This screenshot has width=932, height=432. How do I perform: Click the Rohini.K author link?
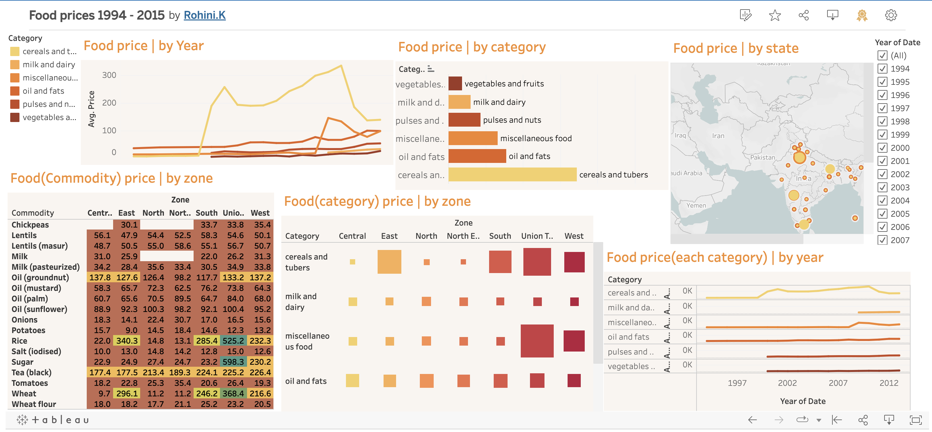click(x=204, y=15)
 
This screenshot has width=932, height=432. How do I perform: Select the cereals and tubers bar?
click(x=512, y=174)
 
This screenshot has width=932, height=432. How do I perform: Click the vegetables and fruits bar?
click(x=455, y=83)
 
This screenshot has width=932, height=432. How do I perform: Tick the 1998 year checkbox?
click(x=882, y=121)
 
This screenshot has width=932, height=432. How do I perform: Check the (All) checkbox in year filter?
click(x=882, y=55)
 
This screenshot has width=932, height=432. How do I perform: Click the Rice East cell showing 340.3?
click(x=127, y=341)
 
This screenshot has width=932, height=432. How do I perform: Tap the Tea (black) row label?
click(x=31, y=372)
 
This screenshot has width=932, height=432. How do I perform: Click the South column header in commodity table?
click(x=206, y=213)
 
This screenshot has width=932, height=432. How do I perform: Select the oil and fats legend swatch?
click(x=15, y=91)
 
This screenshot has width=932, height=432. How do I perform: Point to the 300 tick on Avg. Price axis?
click(x=109, y=75)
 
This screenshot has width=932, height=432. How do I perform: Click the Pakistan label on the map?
click(x=762, y=157)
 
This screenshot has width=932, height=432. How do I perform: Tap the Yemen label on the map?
click(x=696, y=205)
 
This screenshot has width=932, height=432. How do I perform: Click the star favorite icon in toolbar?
click(x=775, y=15)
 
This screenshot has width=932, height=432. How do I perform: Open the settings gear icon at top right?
click(x=890, y=15)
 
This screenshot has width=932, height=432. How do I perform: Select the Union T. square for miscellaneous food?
click(x=537, y=341)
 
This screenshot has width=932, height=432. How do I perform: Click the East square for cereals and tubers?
click(x=389, y=262)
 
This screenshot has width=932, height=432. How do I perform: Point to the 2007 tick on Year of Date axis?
click(x=838, y=383)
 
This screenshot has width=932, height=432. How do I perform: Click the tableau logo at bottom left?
click(x=53, y=420)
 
